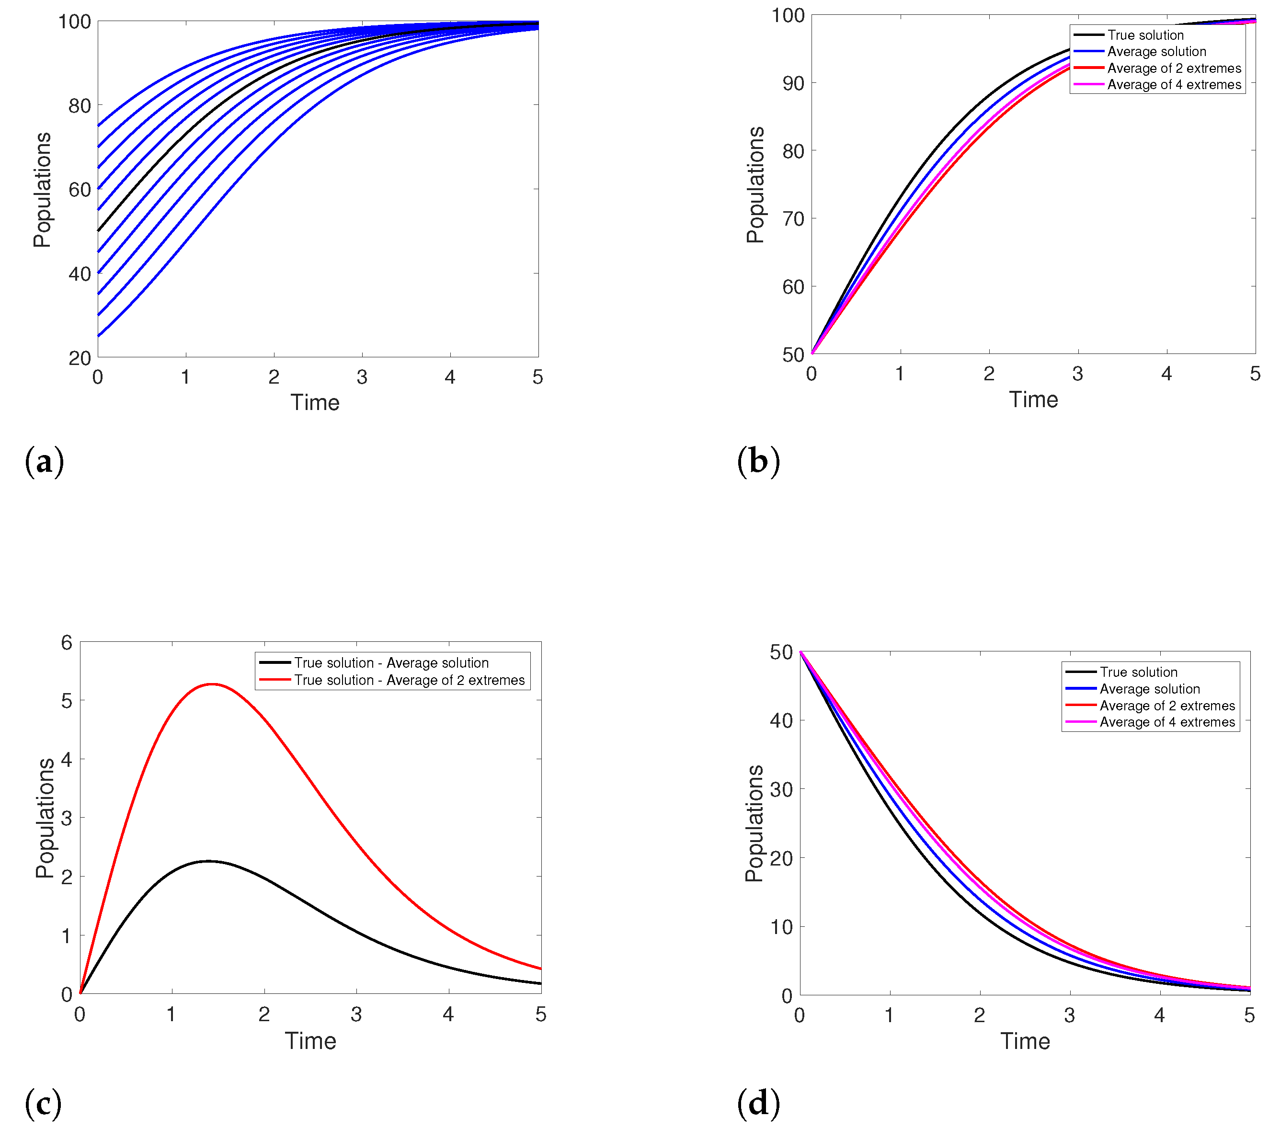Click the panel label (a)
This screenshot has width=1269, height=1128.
pos(44,462)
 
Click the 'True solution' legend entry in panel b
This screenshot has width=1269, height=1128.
pos(1145,35)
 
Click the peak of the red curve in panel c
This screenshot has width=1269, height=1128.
pos(212,684)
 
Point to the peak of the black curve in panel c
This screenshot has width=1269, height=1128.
pos(209,861)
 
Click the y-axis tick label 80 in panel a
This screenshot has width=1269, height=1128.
pos(80,106)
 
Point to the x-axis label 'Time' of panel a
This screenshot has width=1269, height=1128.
pos(315,403)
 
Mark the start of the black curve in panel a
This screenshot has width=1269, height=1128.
pos(99,231)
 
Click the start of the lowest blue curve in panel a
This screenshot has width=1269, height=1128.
pos(99,336)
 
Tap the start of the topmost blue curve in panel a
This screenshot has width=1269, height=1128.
pos(99,126)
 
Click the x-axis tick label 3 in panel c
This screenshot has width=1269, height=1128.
pos(356,1014)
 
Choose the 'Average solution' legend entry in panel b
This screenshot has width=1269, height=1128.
pos(1156,52)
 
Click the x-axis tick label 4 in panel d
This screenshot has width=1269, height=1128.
pos(1159,1015)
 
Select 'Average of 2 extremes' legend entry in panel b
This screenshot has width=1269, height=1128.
pos(1173,68)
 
